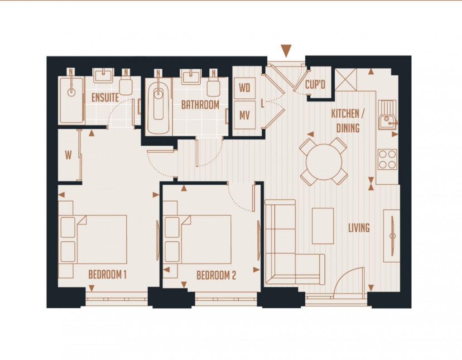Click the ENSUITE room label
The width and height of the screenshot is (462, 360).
pos(105,97)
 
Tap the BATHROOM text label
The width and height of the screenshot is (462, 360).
pos(200,105)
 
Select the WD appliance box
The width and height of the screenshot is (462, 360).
pos(245,88)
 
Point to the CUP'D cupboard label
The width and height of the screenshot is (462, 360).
pos(316,84)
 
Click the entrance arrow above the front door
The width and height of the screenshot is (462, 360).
pos(286,50)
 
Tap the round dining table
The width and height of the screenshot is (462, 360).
pos(323,162)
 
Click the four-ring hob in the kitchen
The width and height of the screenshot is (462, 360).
pos(387,159)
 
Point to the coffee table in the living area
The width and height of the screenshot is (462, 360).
pos(323,226)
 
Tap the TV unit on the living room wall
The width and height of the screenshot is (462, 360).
pos(391,235)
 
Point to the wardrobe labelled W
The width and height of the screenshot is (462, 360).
pos(68,155)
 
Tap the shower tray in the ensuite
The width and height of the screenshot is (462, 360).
pos(72,100)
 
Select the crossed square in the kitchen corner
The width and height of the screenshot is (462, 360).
pos(346,80)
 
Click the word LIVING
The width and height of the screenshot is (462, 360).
pos(359,228)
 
